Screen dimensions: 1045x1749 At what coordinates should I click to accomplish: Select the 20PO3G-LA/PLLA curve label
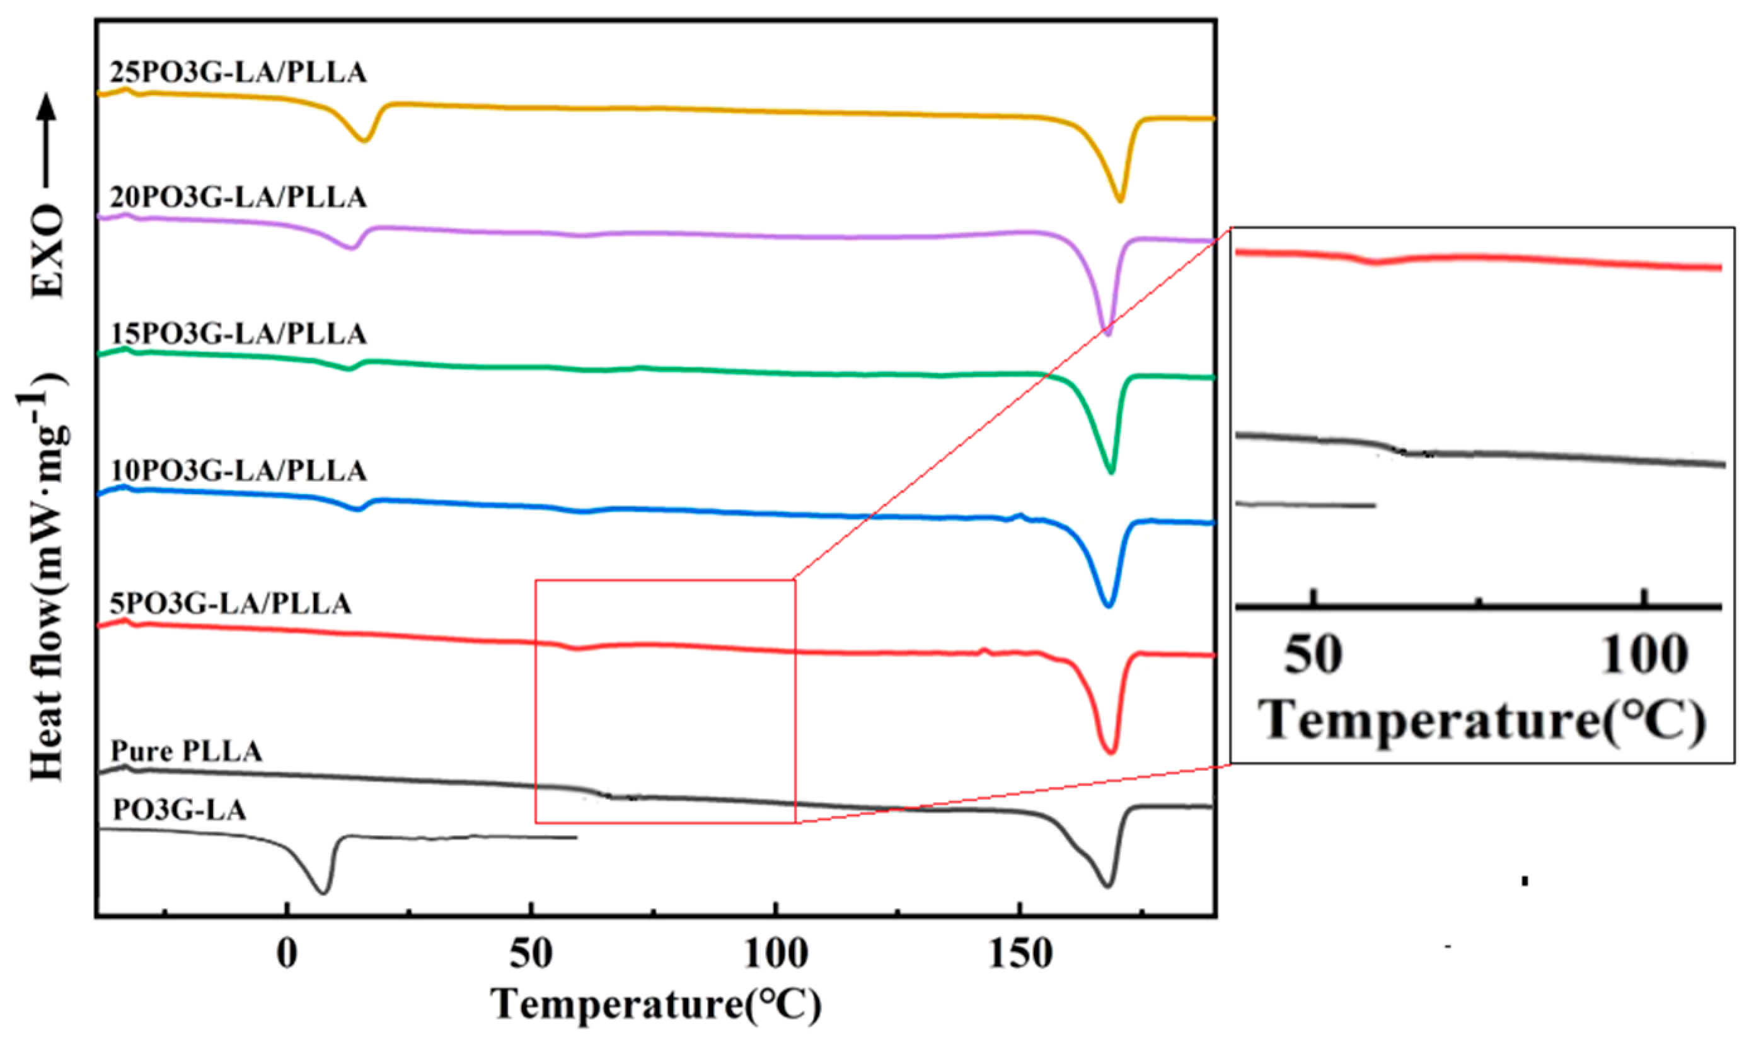coord(238,197)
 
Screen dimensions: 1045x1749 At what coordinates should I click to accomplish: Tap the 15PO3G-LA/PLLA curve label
coord(238,334)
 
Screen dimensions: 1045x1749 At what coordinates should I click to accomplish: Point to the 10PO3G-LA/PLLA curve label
coord(238,470)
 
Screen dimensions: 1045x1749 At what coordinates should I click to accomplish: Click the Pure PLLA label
coord(186,752)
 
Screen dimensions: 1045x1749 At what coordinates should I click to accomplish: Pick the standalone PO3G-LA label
coord(180,811)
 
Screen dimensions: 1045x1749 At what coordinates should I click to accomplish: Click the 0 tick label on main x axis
coord(287,955)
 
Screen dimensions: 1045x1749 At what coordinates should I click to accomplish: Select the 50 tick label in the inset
coord(1312,655)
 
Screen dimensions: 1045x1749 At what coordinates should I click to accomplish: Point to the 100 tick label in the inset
coord(1643,655)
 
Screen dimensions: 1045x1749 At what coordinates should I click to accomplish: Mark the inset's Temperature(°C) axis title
coord(1481,721)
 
